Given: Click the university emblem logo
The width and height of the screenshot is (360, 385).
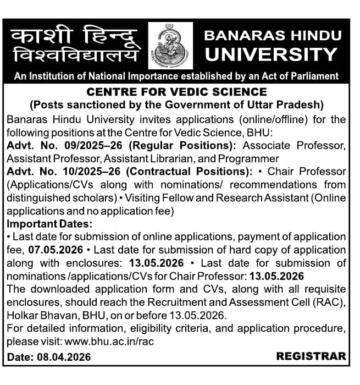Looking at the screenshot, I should [x=170, y=46].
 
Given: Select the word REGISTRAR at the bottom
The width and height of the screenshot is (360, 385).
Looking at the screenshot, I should [x=311, y=356].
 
